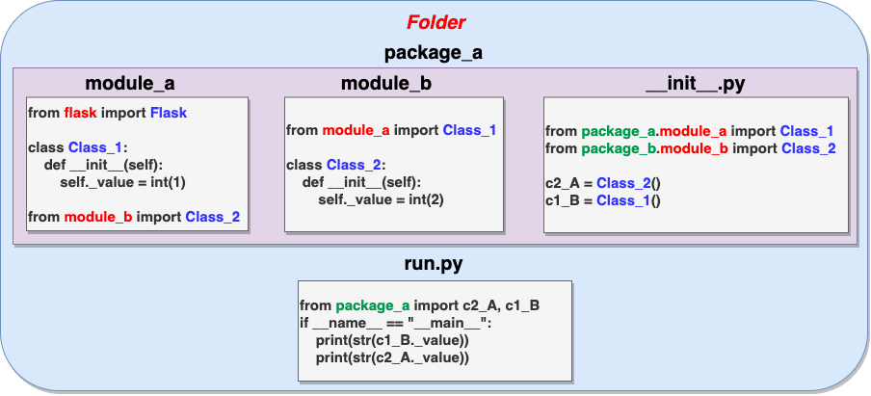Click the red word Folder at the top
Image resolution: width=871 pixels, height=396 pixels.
(436, 22)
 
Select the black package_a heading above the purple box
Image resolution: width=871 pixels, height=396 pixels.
(434, 53)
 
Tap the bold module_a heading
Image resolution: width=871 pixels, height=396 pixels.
(130, 83)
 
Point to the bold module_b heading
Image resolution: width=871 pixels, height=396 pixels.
(386, 83)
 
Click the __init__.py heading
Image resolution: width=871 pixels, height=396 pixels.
(696, 83)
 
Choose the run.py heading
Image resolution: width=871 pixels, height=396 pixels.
(434, 264)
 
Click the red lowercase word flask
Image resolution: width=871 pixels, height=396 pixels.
(81, 113)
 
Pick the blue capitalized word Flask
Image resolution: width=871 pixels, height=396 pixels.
(169, 113)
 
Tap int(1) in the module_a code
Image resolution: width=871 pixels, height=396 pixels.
(168, 183)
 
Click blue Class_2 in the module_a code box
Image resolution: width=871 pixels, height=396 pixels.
(213, 217)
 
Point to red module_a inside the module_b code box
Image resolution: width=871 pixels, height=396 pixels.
(356, 130)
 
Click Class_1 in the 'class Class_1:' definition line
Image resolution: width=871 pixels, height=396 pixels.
(95, 148)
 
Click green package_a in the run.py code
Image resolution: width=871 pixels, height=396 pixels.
(373, 305)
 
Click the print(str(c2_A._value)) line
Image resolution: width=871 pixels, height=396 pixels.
(392, 358)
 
